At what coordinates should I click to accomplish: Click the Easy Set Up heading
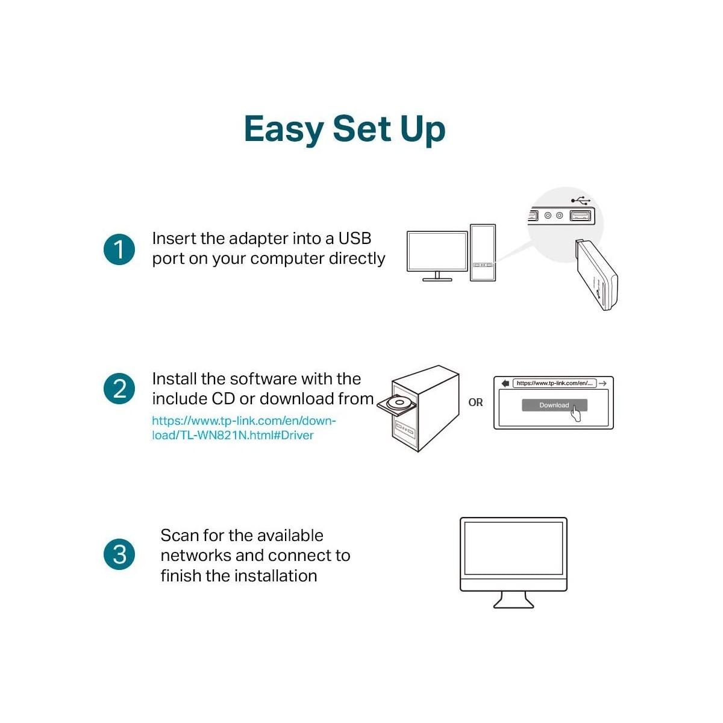coord(345,130)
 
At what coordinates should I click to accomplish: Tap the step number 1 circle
coord(119,249)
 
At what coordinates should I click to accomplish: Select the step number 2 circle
coord(119,389)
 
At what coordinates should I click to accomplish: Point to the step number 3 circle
coord(119,554)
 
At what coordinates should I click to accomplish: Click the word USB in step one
coord(354,239)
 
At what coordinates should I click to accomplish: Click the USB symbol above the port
coord(581,200)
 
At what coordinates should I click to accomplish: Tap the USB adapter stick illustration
coord(596,275)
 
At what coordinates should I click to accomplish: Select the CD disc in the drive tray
coord(399,402)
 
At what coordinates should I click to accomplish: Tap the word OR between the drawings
coord(475,402)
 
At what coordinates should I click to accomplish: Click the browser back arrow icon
coord(505,383)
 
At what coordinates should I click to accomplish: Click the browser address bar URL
coord(554,383)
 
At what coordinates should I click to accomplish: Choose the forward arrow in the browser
coord(603,383)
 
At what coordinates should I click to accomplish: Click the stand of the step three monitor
coord(513,600)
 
